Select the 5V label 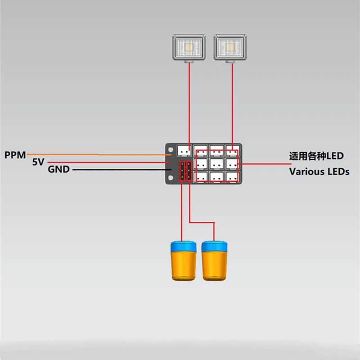pos(39,162)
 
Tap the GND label pos(58,170)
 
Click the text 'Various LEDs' pos(319,171)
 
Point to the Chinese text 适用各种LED pos(316,156)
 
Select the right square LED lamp pos(231,48)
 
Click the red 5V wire pos(108,162)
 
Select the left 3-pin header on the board pos(182,171)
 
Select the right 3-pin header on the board pos(189,171)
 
